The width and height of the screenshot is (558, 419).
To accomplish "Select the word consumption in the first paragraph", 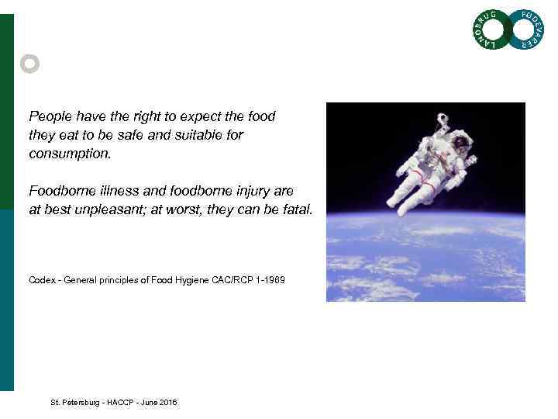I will click(70, 154).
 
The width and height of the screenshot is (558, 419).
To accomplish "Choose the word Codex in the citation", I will click(43, 279).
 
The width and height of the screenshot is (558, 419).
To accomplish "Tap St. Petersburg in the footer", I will click(74, 403).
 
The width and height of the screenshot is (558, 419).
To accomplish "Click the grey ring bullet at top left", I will click(29, 64).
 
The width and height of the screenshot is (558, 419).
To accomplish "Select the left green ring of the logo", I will click(491, 29).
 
